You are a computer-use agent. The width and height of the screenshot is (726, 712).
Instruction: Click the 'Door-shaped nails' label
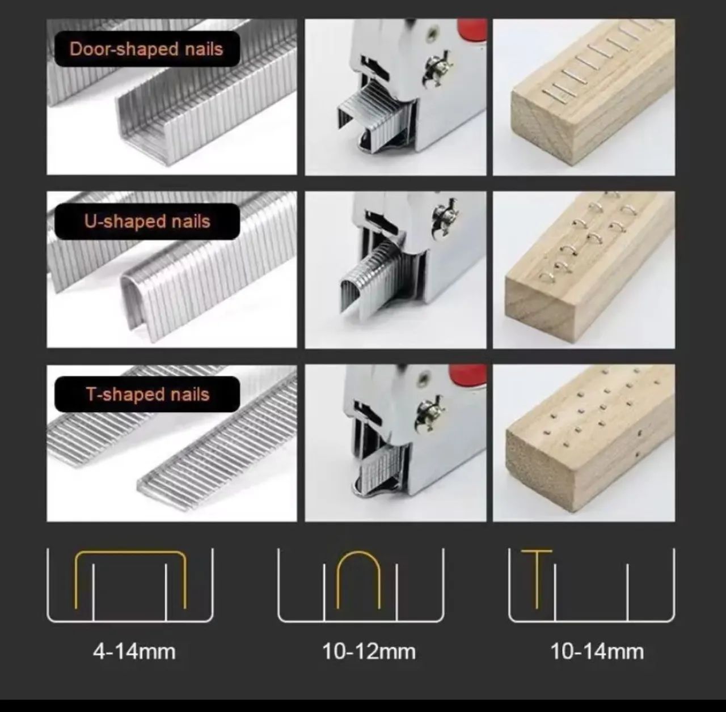[x=146, y=49]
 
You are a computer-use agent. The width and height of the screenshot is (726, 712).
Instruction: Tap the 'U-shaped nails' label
[x=147, y=221]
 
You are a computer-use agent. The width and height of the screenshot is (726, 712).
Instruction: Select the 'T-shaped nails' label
[x=147, y=394]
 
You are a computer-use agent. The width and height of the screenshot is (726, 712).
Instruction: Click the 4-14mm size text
[x=134, y=651]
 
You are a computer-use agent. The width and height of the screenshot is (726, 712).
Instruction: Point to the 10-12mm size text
[x=369, y=651]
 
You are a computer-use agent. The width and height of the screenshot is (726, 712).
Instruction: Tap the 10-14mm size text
[x=597, y=651]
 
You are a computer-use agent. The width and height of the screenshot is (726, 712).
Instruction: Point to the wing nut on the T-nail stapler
[x=429, y=413]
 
